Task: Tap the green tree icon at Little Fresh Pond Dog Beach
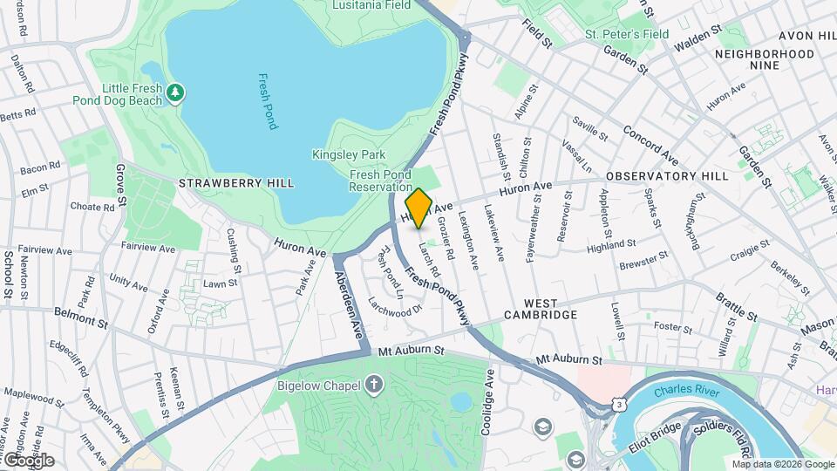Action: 176,92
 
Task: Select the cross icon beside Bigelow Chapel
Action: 374,384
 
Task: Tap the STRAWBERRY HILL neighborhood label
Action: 236,183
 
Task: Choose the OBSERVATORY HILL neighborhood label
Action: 667,176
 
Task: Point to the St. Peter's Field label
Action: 627,34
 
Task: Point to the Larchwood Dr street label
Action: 395,308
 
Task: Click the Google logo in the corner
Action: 28,460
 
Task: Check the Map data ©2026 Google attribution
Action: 781,464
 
